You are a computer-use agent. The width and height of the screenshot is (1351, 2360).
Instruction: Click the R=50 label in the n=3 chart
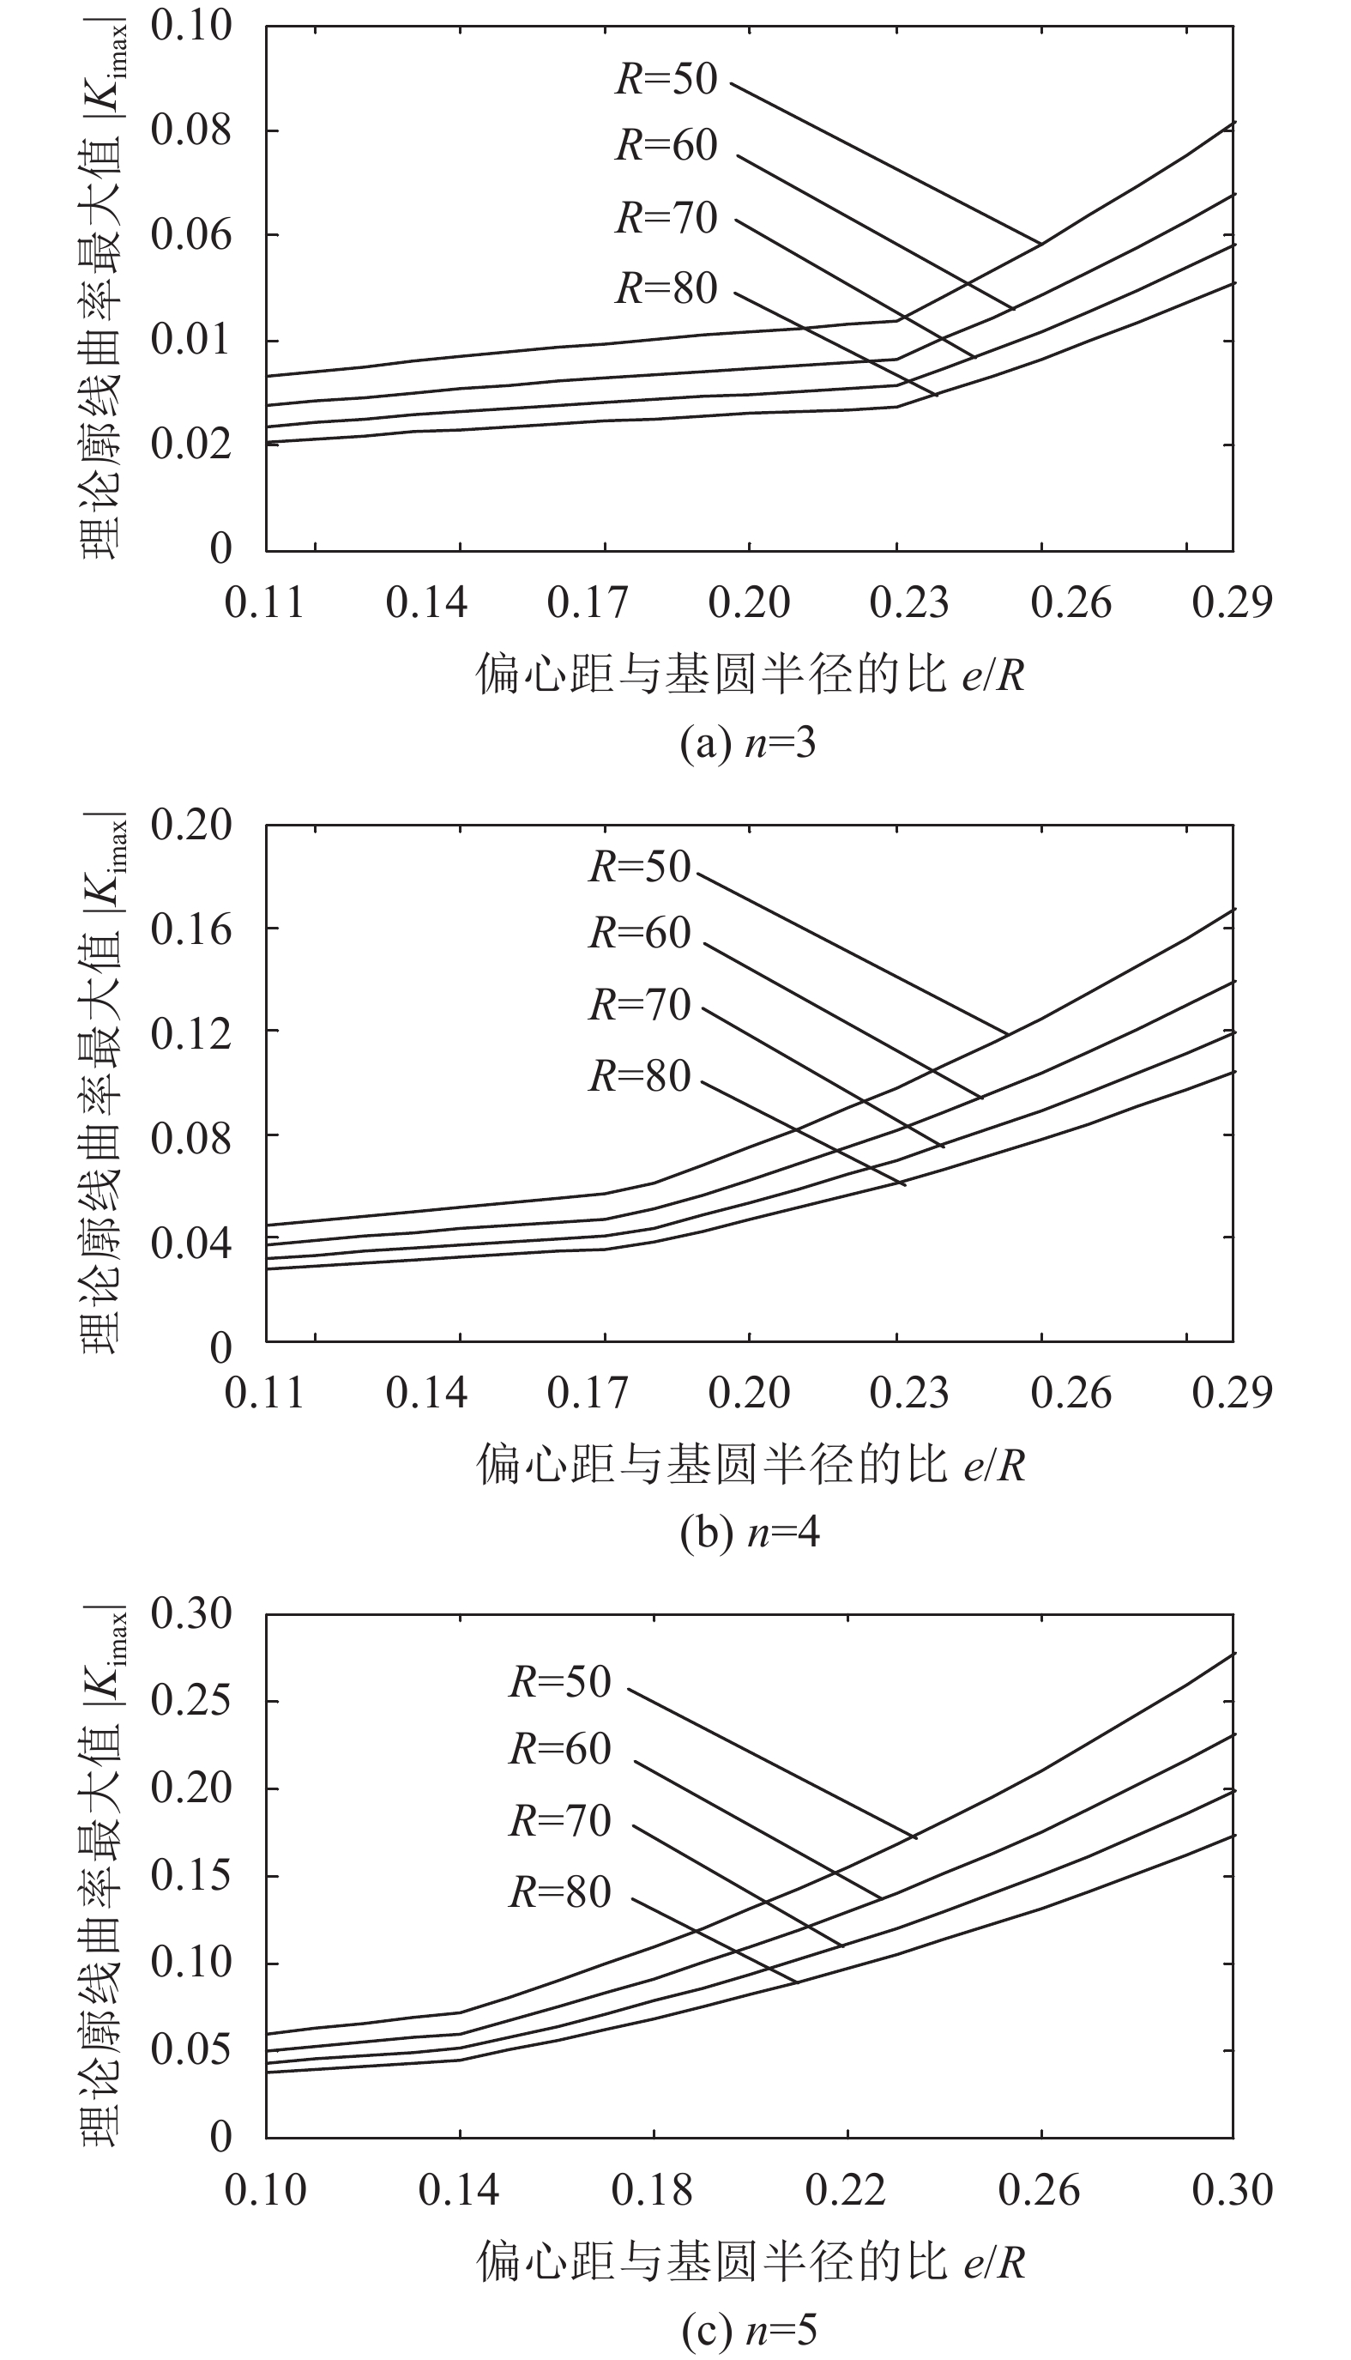coord(666,79)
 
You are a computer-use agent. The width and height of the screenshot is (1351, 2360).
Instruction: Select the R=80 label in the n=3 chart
coord(666,287)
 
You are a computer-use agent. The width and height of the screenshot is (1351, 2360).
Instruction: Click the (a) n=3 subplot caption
coord(747,743)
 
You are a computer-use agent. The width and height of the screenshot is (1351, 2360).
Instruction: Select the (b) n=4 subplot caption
coord(749,1533)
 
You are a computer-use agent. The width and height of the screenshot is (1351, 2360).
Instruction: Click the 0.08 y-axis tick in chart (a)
coord(190,130)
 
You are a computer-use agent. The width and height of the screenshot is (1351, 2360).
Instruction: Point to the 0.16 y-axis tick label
coord(190,929)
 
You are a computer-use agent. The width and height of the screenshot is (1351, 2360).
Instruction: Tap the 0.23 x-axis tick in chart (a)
coord(909,603)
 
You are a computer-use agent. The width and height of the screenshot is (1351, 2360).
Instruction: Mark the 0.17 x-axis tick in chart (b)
coord(588,1393)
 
